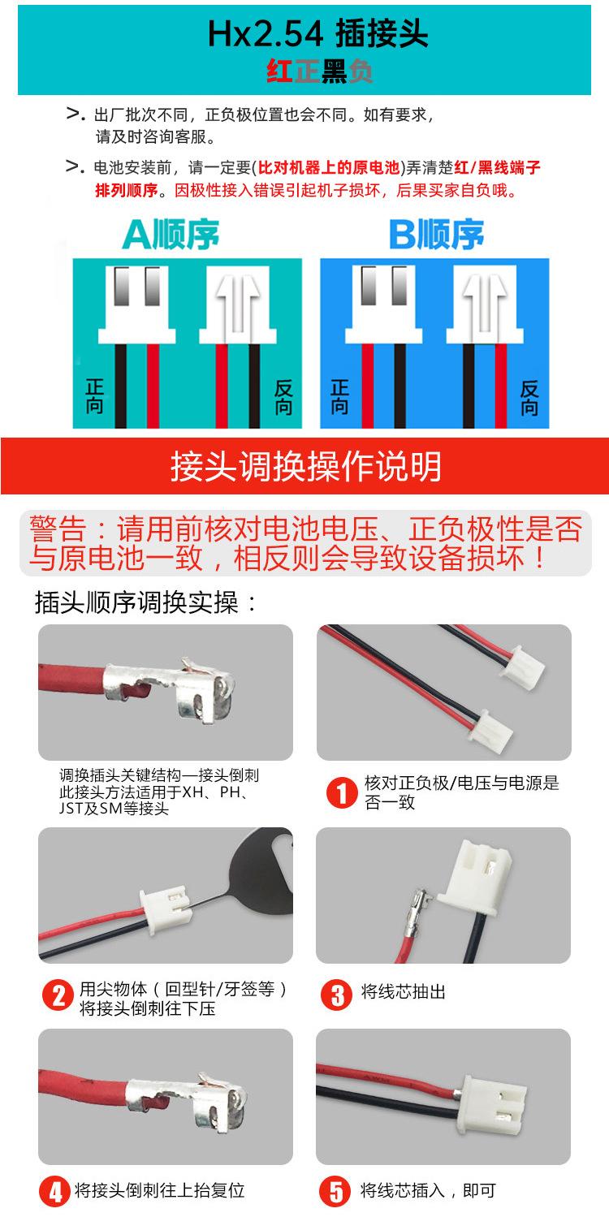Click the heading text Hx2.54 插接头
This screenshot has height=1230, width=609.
(x=317, y=35)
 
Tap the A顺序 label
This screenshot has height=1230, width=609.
(x=171, y=235)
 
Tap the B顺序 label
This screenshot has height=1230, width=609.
(x=437, y=235)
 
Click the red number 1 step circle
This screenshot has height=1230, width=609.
(x=342, y=792)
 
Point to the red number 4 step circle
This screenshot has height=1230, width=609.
(x=56, y=1192)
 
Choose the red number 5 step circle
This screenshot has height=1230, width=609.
(x=336, y=1192)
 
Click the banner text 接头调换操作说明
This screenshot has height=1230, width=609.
(x=305, y=467)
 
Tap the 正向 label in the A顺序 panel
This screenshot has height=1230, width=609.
(x=94, y=397)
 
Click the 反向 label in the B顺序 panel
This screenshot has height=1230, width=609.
(x=530, y=397)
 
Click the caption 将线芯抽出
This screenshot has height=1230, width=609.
(x=404, y=992)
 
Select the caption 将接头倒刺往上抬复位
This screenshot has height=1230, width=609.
(x=159, y=1191)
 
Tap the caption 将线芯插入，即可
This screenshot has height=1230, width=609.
(x=428, y=1191)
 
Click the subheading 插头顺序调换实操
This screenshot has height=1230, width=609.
(x=146, y=602)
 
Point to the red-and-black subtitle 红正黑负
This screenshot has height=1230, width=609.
(x=319, y=73)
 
